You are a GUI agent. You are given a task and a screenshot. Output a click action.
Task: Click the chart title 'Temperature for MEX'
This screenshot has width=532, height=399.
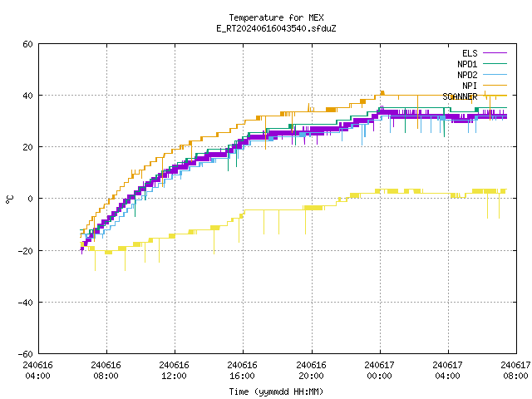tap(276, 17)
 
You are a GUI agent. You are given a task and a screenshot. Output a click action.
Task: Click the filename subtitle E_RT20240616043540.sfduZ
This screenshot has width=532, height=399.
tap(276, 28)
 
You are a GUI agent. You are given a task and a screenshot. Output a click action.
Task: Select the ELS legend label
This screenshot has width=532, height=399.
tap(470, 53)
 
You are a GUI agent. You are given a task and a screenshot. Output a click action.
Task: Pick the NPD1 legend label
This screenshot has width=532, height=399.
tap(467, 64)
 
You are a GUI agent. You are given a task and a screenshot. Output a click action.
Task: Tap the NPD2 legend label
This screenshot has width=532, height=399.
tap(467, 75)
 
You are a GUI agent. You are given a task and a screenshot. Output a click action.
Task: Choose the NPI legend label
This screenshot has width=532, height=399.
tap(470, 86)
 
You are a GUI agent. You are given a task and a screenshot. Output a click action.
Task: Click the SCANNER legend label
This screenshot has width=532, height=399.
tap(460, 96)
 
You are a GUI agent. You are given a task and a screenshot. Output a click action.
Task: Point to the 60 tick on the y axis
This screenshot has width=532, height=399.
tap(27, 44)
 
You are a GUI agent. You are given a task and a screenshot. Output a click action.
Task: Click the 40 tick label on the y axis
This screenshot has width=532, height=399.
tap(27, 96)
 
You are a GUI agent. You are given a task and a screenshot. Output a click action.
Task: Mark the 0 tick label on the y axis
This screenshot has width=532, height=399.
tap(31, 199)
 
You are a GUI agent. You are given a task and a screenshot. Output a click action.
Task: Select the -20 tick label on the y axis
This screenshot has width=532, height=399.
tap(26, 251)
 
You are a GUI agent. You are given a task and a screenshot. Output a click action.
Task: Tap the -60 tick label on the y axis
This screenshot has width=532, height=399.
tap(26, 354)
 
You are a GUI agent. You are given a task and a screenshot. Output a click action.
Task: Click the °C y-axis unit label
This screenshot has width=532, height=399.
tap(10, 199)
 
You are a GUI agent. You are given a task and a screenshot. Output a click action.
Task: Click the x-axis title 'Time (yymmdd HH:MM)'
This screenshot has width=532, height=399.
tap(276, 392)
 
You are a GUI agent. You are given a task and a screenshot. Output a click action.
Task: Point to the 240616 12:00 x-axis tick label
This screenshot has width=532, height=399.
tap(174, 371)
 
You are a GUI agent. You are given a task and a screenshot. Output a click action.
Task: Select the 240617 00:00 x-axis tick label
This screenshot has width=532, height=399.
tap(379, 371)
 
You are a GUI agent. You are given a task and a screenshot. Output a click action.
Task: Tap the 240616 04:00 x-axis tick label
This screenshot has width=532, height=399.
tap(37, 371)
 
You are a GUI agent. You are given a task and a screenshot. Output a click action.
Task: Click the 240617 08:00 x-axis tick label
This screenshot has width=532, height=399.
tap(515, 371)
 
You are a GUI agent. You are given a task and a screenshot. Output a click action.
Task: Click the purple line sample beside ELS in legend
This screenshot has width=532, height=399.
tap(495, 53)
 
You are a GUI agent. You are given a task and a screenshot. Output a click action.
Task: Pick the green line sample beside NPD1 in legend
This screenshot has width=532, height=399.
tap(495, 63)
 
